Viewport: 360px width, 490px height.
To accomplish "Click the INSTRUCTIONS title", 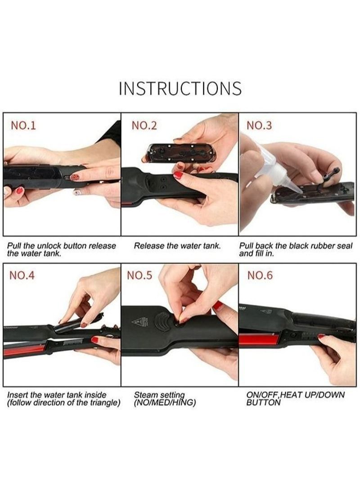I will [180, 89].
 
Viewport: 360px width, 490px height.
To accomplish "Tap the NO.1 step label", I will [23, 126].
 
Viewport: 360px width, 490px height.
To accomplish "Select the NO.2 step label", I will [144, 126].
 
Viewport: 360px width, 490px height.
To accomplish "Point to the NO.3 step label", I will [259, 126].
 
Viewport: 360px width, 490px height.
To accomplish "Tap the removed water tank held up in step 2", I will [183, 154].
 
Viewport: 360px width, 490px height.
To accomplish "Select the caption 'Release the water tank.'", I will [177, 246].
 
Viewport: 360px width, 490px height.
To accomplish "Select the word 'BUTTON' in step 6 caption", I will [263, 403].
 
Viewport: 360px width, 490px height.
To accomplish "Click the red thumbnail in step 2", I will [178, 175].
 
